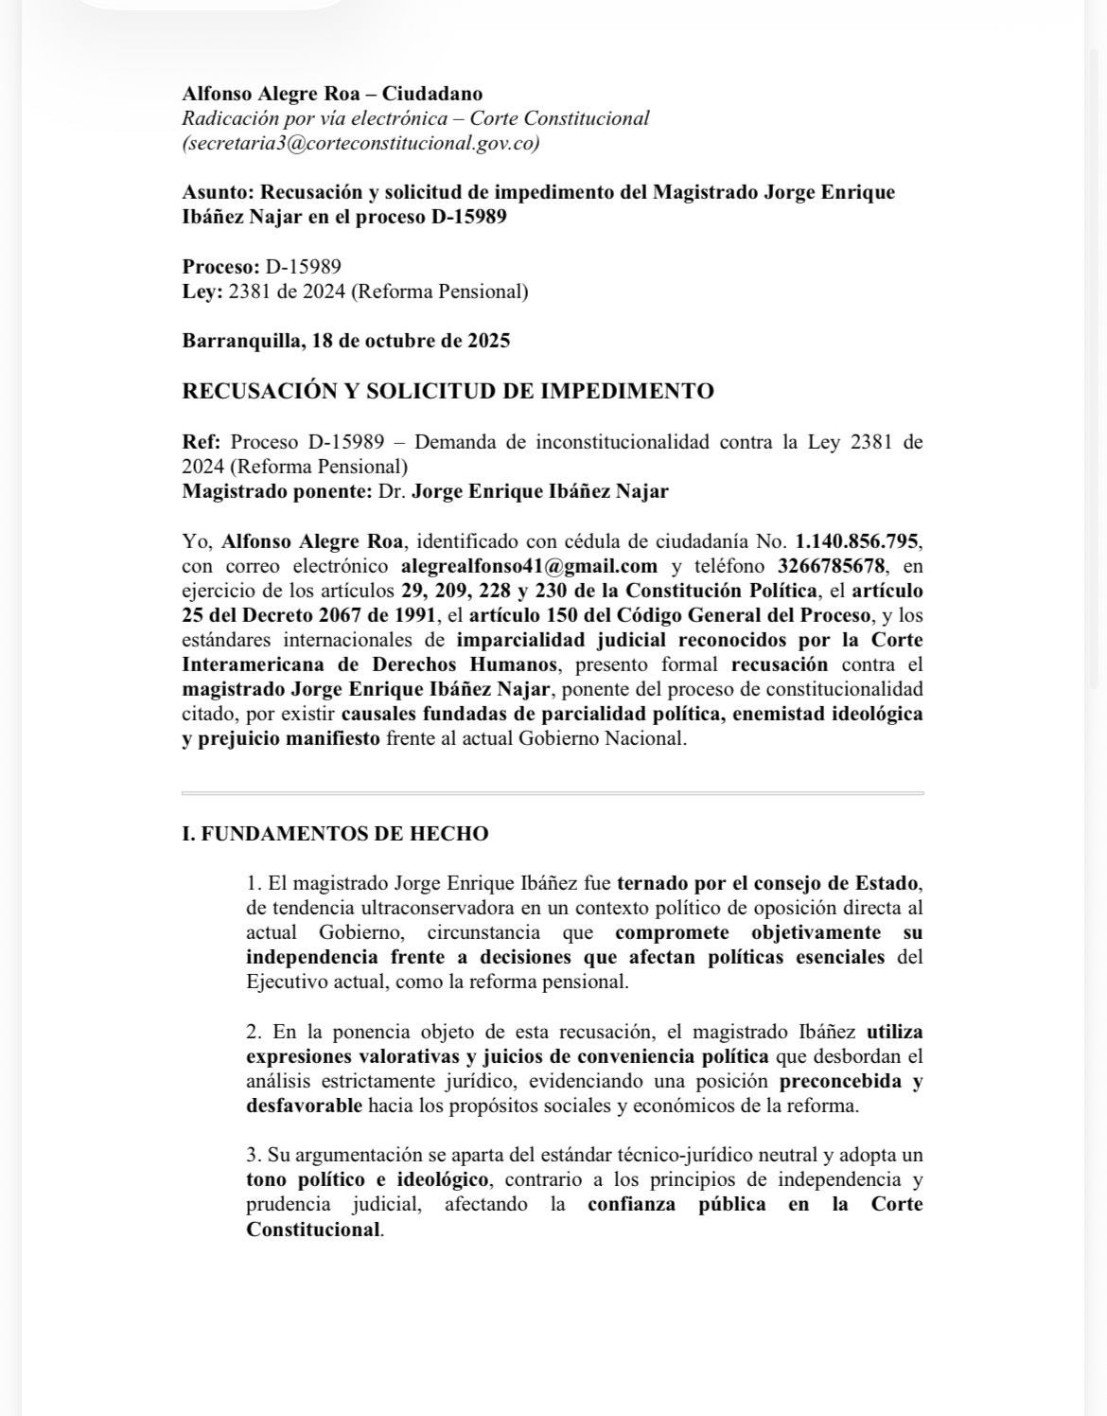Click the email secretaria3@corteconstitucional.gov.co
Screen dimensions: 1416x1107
(x=361, y=144)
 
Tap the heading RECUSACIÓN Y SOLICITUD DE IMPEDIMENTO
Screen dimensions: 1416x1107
(x=448, y=391)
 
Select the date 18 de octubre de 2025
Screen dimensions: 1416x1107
(x=410, y=341)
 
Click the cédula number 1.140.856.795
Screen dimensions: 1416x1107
(x=856, y=541)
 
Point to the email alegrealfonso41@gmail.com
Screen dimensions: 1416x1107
(x=529, y=566)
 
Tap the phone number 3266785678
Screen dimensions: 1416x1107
(x=832, y=566)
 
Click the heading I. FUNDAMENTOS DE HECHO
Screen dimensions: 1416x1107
(x=335, y=834)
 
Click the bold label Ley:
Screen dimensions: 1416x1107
(x=202, y=292)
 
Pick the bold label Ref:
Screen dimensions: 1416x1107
(x=201, y=442)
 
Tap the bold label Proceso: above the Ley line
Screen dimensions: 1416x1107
(x=220, y=267)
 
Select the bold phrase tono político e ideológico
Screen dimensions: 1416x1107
(x=368, y=1179)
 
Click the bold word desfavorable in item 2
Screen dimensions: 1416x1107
(x=304, y=1106)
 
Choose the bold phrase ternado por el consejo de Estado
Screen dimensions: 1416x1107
(x=767, y=883)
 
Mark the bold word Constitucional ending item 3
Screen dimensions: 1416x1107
(x=313, y=1230)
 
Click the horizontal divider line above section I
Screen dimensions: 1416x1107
(x=553, y=792)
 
